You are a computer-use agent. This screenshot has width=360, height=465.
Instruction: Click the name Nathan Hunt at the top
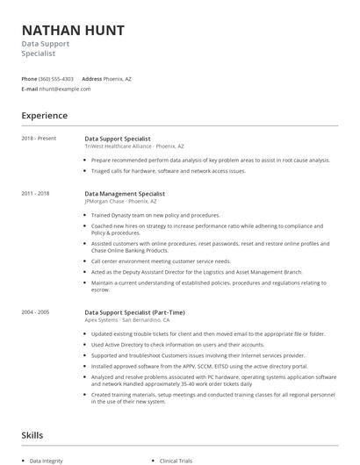click(x=73, y=31)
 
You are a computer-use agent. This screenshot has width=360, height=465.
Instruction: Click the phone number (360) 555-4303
click(x=57, y=78)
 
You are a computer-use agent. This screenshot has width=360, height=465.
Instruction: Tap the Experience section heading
click(x=44, y=115)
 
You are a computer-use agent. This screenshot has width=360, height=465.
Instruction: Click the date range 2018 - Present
click(x=38, y=139)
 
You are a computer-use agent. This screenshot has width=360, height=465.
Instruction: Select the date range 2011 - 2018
click(x=35, y=193)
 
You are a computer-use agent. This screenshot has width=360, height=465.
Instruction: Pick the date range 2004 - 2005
click(x=35, y=311)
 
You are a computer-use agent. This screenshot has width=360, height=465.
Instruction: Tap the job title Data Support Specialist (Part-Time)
click(x=134, y=311)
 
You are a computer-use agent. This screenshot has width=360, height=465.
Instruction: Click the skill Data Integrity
click(x=47, y=460)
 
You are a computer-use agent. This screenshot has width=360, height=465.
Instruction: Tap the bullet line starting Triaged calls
click(x=169, y=171)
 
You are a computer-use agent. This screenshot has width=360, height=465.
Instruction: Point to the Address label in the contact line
click(x=92, y=78)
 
